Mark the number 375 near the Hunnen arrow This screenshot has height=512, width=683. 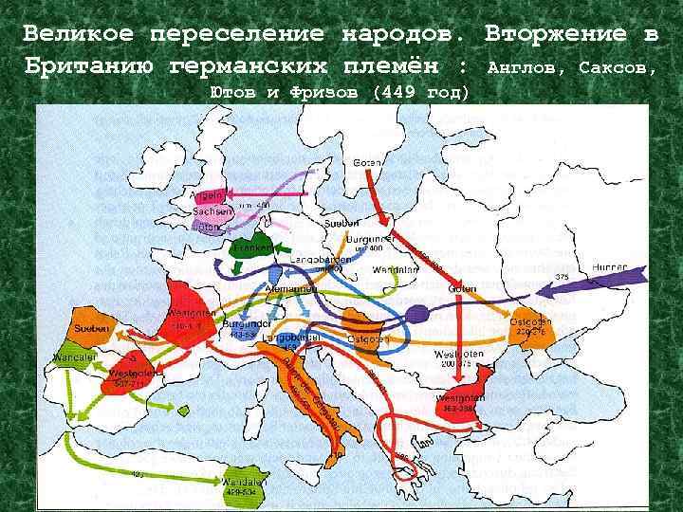point(563,277)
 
